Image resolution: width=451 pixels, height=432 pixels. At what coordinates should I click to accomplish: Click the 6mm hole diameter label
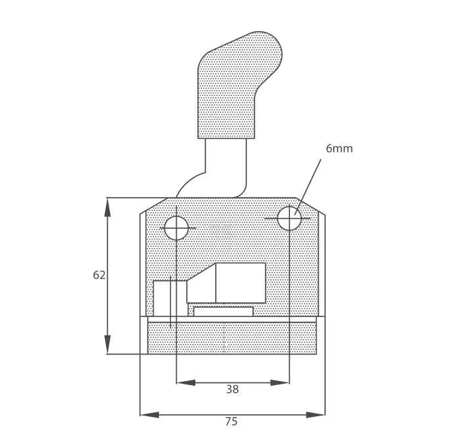[339, 148]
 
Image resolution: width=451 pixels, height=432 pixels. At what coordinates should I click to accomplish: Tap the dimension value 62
[99, 275]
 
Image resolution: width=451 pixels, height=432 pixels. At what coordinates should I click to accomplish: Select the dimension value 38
[232, 389]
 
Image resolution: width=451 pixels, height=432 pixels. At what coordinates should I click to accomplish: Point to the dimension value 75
[231, 421]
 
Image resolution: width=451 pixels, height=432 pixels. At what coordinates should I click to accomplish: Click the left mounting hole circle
[177, 228]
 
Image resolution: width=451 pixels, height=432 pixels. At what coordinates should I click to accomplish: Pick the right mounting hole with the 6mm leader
[289, 218]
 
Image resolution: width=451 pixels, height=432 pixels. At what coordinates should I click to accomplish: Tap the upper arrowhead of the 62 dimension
[107, 207]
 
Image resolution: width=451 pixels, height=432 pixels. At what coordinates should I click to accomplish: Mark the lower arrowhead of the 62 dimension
[107, 345]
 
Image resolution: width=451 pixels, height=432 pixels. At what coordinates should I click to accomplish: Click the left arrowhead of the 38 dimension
[186, 382]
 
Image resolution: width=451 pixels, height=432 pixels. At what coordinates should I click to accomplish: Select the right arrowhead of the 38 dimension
[280, 382]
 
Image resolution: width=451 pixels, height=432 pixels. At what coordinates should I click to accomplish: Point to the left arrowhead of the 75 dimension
[150, 415]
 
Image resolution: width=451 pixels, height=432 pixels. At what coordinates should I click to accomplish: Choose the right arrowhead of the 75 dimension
[315, 415]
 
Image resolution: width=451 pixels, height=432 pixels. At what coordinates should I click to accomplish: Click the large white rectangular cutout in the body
[240, 283]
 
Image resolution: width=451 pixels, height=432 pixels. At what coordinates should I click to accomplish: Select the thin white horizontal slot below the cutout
[223, 312]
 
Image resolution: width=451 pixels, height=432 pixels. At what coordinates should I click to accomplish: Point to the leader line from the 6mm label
[308, 187]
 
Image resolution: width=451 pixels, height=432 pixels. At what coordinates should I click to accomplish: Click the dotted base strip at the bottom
[232, 338]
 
